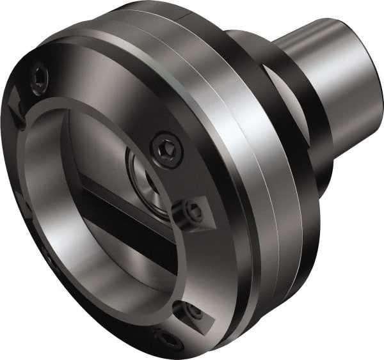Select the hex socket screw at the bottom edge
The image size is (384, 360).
(168, 339)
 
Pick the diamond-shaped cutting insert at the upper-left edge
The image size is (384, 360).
(14, 102)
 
